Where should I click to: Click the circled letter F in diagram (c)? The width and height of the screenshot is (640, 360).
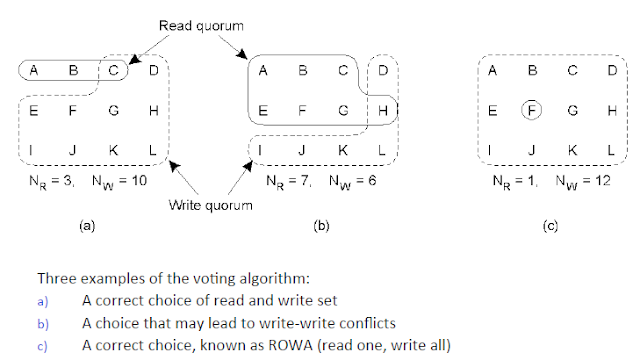(531, 110)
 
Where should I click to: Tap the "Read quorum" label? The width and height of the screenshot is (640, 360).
(201, 26)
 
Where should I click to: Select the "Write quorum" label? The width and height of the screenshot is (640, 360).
(211, 205)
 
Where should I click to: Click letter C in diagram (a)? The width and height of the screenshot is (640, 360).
(113, 70)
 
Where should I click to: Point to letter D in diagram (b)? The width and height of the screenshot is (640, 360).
(382, 70)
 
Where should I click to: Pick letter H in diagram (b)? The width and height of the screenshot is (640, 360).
(383, 110)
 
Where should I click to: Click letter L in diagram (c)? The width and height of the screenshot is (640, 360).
(611, 150)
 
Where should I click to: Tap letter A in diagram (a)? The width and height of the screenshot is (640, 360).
(33, 70)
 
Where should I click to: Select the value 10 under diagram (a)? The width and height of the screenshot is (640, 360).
(139, 180)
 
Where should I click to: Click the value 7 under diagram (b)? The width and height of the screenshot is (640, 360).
(305, 180)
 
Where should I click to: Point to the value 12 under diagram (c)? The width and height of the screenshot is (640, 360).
(602, 180)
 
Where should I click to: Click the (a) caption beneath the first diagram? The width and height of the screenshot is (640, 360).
(87, 225)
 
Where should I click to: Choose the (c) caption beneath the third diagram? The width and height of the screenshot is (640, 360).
(550, 225)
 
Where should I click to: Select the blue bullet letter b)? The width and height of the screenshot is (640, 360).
(43, 324)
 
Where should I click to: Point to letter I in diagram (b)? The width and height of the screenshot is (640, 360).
(260, 150)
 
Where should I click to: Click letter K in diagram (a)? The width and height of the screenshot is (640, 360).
(113, 150)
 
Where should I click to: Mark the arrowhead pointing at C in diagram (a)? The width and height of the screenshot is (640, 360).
(133, 60)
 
